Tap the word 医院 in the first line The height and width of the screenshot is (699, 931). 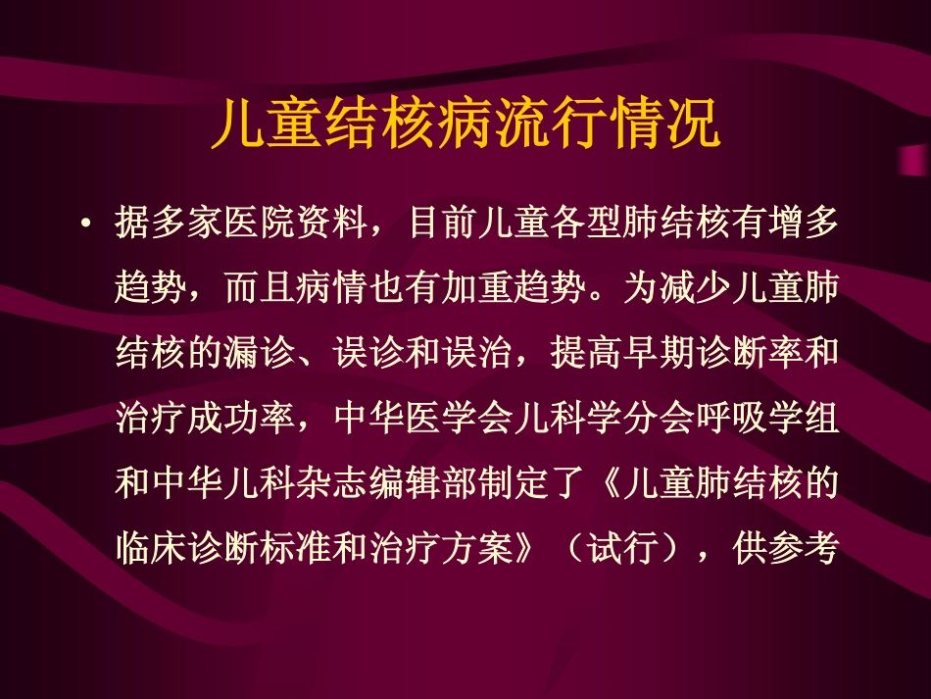point(260,225)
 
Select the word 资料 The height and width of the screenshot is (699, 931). point(333,225)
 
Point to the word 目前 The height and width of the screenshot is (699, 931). point(443,225)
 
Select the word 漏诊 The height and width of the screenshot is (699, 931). point(260,355)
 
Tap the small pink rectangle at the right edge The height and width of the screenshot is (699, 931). point(913,160)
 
